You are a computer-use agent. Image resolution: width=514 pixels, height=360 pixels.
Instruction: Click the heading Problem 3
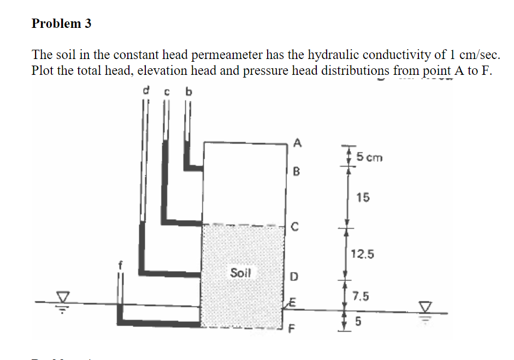[x=62, y=23]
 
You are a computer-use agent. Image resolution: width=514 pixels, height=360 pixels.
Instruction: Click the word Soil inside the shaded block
[x=240, y=272]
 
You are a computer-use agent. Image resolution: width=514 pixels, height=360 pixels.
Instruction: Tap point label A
[x=297, y=143]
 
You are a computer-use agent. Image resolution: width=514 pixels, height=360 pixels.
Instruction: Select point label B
[x=297, y=172]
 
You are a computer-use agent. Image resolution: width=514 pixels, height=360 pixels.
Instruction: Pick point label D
[x=294, y=277]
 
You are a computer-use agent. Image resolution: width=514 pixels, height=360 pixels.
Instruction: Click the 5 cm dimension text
[x=370, y=158]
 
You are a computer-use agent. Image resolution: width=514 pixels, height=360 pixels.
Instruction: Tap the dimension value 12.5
[x=363, y=253]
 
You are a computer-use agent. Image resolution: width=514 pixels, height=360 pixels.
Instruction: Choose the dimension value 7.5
[x=361, y=297]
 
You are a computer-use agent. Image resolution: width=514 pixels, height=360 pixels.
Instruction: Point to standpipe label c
[x=167, y=92]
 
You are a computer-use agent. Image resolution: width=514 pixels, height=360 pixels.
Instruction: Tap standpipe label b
[x=189, y=91]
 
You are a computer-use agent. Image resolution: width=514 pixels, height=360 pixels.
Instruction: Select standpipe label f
[x=121, y=267]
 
